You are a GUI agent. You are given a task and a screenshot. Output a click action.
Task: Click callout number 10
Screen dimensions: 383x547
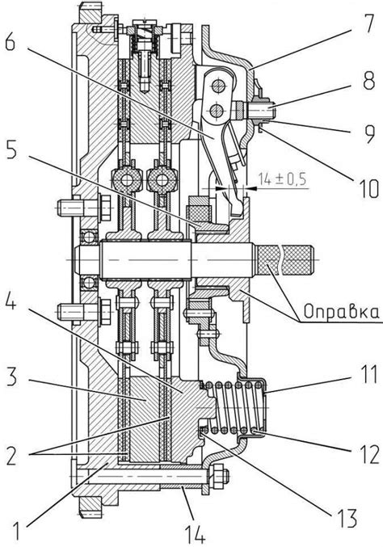367,189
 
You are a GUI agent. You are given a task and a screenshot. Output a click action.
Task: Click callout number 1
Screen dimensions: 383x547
16,530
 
